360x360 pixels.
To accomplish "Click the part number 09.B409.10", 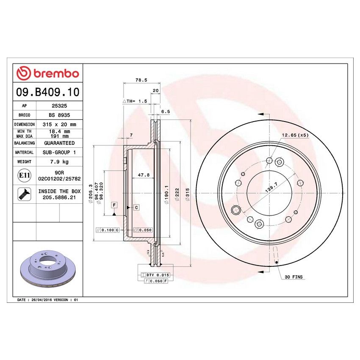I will (47, 92).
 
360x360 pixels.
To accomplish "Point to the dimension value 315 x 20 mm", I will (59, 125).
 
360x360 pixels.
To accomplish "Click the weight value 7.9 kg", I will (59, 162).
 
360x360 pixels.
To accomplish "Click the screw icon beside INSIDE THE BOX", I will (24, 194).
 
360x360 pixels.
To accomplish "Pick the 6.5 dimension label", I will (165, 111).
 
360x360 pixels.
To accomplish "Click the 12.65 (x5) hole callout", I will (295, 135).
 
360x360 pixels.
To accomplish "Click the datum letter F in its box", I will (114, 205).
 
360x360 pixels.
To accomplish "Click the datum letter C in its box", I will (137, 208).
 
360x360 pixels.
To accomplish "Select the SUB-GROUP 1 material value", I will (59, 152).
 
